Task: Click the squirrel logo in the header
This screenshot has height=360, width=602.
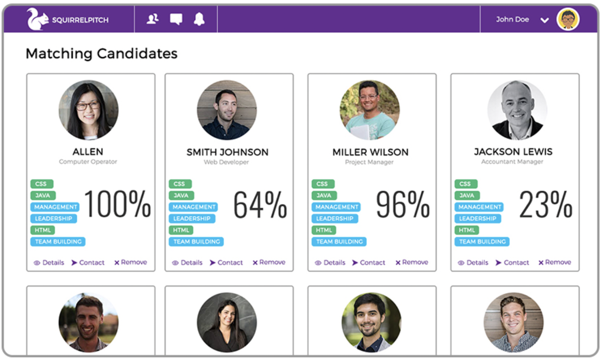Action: [x=37, y=19]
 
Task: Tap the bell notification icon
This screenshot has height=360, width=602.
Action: [x=199, y=19]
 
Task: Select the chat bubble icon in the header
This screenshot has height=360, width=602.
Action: [x=176, y=19]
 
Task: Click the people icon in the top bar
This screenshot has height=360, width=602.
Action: [x=152, y=19]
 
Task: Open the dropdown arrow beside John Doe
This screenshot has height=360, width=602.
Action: [x=544, y=20]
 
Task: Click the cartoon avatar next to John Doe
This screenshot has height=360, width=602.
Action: [x=568, y=19]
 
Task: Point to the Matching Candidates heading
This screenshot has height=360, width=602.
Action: [x=101, y=53]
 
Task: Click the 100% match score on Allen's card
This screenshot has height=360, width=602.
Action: [x=118, y=204]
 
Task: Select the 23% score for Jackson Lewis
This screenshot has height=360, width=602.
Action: [x=546, y=204]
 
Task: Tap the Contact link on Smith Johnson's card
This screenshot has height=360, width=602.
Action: [x=226, y=262]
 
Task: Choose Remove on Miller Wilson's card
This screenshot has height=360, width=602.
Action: [x=411, y=262]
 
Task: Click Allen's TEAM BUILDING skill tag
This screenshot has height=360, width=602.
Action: [x=58, y=242]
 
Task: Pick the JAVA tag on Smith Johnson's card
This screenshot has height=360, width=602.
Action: [x=181, y=196]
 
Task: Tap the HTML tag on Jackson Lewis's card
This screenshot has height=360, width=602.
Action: [x=466, y=230]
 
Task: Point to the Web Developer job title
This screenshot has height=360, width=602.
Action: [x=226, y=162]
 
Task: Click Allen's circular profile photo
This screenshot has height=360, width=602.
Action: [x=88, y=110]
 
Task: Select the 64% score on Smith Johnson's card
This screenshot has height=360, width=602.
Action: [x=260, y=204]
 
